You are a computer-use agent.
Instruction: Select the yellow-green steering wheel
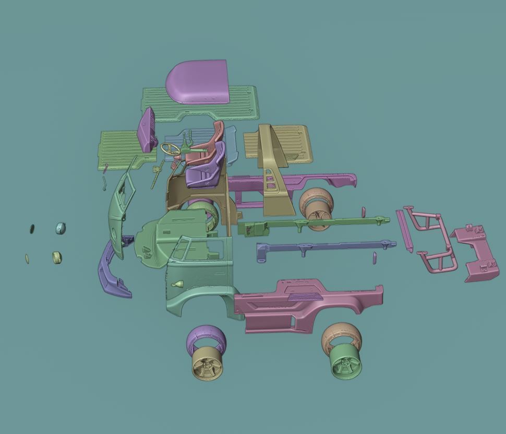pyautogui.click(x=171, y=149)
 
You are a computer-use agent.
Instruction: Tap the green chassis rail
pyautogui.click(x=313, y=225)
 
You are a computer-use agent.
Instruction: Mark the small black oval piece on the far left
pyautogui.click(x=32, y=228)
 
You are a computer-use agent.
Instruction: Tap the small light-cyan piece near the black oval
pyautogui.click(x=61, y=228)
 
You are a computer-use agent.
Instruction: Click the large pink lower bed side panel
pyautogui.click(x=308, y=308)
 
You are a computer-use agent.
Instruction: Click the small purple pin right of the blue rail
pyautogui.click(x=375, y=257)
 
